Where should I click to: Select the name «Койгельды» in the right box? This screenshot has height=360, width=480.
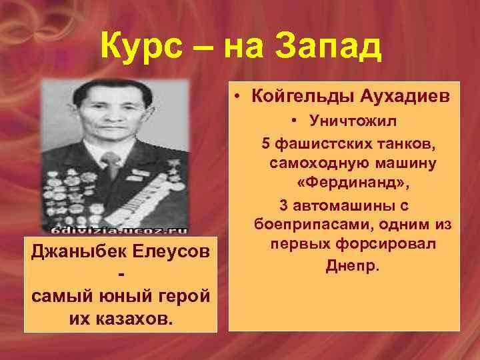[x=299, y=97]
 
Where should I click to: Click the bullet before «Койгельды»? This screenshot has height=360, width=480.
[x=238, y=97]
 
